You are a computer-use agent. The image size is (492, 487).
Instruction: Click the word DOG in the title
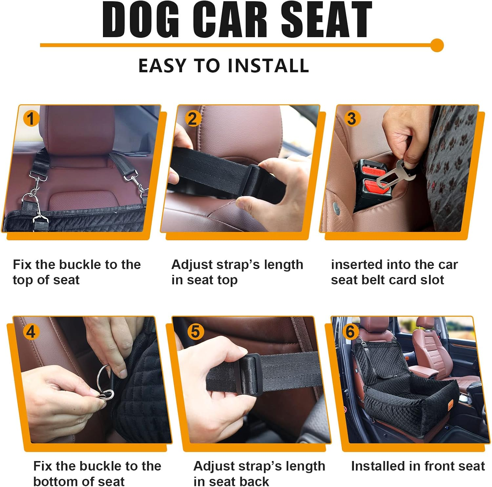141,20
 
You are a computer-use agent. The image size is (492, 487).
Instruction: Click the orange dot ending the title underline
437,45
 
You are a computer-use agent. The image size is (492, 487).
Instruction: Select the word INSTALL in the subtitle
268,65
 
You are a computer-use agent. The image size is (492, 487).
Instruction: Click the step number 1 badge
31,118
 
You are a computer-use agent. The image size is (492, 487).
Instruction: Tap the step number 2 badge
193,118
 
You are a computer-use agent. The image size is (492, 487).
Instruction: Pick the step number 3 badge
351,118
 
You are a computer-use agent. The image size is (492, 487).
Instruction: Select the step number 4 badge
31,332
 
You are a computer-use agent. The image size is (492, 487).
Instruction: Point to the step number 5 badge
195,332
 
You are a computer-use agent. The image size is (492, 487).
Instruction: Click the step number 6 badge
350,332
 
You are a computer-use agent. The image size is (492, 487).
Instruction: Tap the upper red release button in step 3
375,171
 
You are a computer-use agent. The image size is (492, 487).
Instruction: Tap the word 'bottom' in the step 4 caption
54,481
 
